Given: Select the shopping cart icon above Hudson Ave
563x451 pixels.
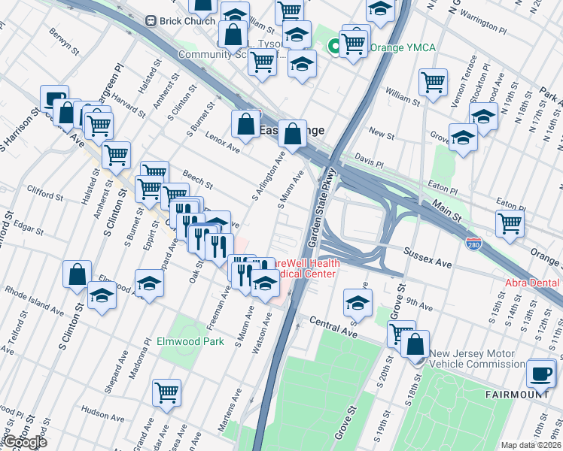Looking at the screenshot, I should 166,392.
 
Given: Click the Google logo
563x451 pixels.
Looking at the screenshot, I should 24,442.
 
